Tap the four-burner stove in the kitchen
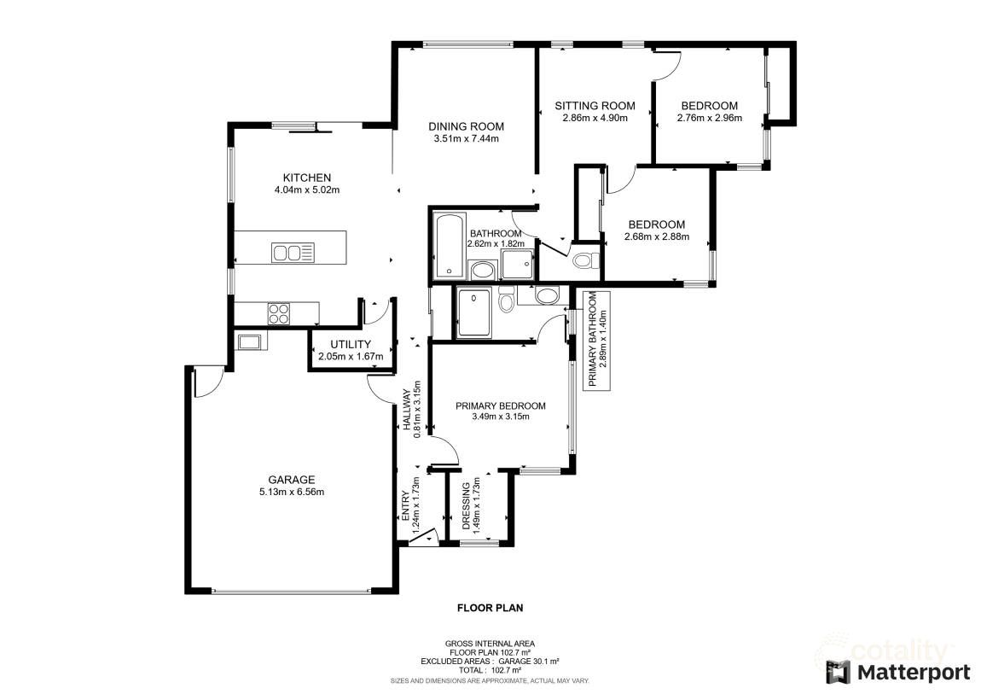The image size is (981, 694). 279,313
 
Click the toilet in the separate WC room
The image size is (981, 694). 585,260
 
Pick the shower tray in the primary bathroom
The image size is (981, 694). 475,314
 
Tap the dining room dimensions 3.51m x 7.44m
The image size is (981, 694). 465,138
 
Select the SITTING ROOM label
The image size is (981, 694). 595,106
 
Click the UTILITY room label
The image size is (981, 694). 351,344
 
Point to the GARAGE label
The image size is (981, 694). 291,480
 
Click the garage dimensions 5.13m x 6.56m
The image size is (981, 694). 291,492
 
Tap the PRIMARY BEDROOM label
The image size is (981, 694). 500,405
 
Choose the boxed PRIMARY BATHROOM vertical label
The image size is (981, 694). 597,340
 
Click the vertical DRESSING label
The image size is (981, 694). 466,508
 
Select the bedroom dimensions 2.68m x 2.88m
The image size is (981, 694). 656,236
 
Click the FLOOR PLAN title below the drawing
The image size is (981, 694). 490,609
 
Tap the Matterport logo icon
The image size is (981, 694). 838,672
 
